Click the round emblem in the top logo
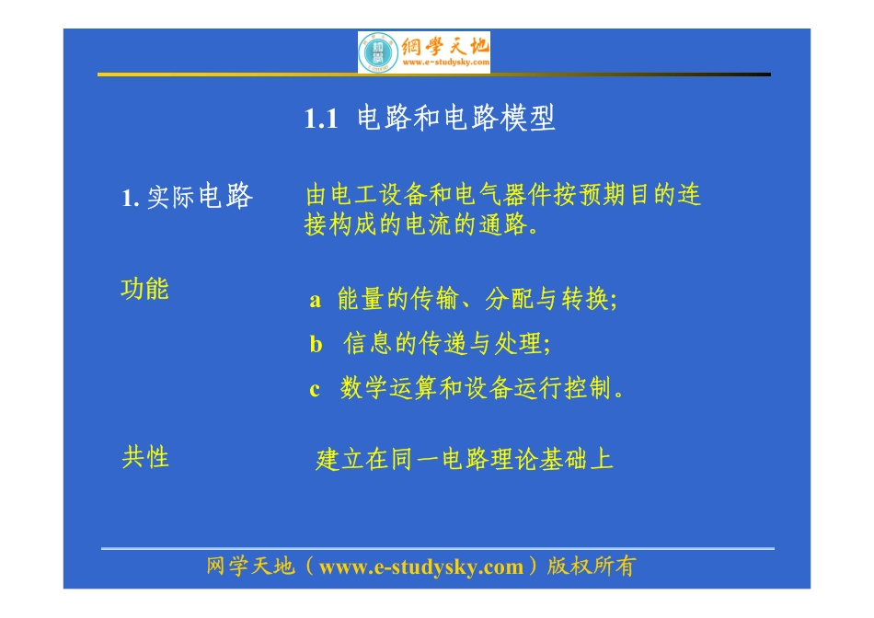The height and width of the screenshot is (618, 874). pos(377,52)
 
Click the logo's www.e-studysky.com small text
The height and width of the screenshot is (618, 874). pos(444,63)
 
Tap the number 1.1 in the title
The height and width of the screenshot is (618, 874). pos(322,120)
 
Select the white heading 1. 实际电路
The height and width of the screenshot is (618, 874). pos(187,197)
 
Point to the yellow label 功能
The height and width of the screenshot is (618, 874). pos(145,290)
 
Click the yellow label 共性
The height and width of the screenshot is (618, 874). pos(145,457)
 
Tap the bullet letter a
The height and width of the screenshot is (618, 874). pos(316,301)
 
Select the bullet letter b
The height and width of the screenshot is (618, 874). pos(316,345)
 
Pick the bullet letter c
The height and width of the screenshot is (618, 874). pos(315,390)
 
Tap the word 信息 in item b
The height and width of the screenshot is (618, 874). pos(368,345)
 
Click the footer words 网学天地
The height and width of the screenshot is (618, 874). pos(251,567)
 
